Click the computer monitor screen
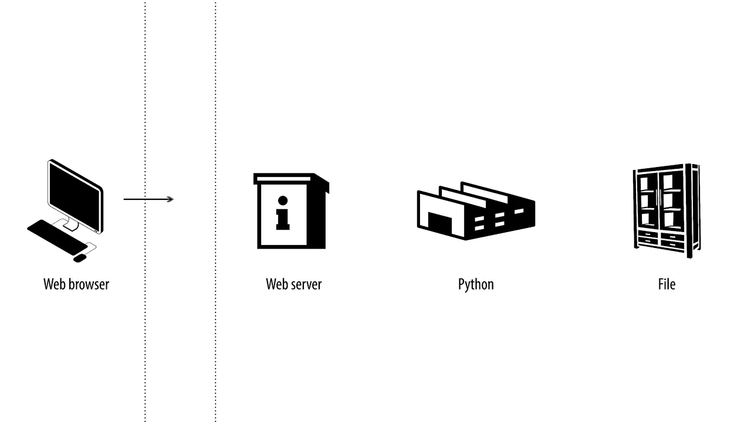tap(75, 196)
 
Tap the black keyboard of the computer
tap(57, 237)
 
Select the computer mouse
tap(80, 258)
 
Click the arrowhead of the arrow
tap(170, 199)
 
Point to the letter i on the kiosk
tap(283, 213)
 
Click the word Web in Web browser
tap(54, 284)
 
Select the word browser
tap(89, 284)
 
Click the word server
tap(306, 284)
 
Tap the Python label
tap(476, 285)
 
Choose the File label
tap(667, 284)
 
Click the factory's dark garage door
tap(440, 223)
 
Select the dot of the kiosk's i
tap(283, 200)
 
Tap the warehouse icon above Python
tap(476, 211)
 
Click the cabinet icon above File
tap(667, 211)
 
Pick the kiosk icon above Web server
tap(291, 211)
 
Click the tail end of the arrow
tap(124, 199)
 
